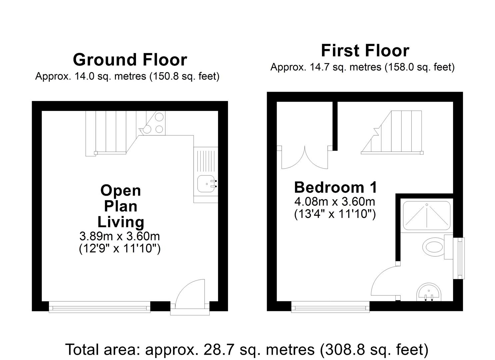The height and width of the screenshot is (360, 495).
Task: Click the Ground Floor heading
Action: coord(130,60)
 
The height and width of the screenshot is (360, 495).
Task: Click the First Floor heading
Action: coord(365,51)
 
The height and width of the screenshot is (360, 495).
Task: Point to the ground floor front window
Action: coord(100,307)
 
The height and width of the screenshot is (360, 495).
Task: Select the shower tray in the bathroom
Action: coord(426,215)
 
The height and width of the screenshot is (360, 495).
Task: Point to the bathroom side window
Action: coord(461,258)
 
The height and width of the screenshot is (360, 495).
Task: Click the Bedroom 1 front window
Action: coord(330,307)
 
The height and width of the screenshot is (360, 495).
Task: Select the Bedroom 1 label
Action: coord(335,187)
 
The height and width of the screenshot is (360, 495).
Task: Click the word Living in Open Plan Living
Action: coord(121,222)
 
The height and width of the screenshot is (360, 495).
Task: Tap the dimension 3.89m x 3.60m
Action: coord(120,236)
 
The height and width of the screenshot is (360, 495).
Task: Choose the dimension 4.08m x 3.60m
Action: coord(335,202)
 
